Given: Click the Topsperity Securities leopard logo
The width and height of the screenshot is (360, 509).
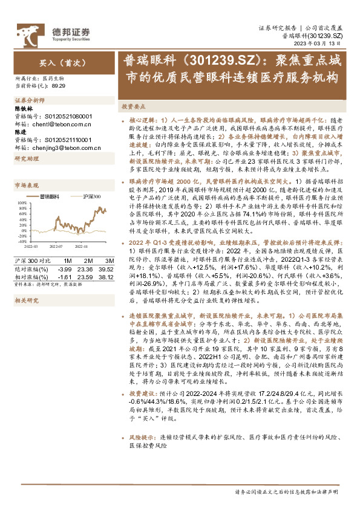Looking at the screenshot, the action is tap(28, 32).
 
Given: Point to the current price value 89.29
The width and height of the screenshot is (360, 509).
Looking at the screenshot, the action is tap(59, 86).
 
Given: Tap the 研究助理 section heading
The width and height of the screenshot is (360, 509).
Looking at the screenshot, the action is tap(27, 158).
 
